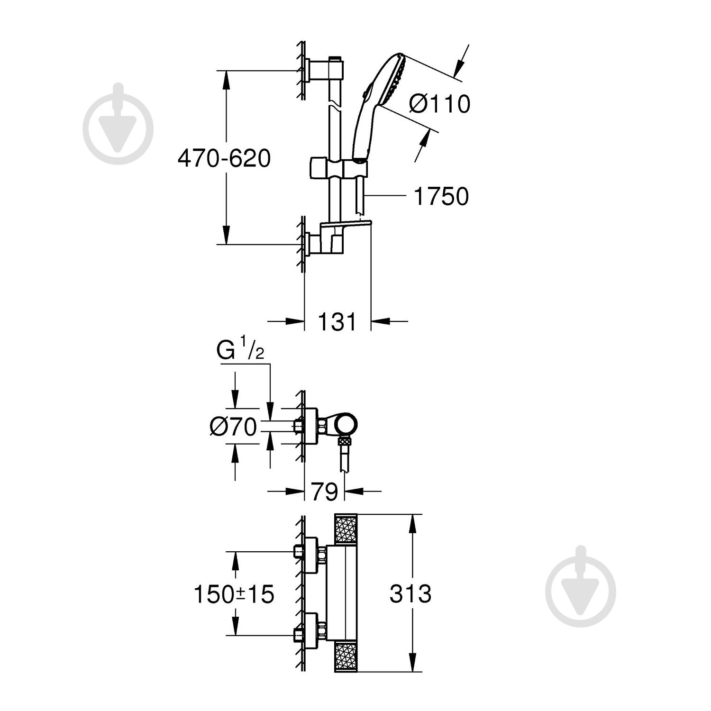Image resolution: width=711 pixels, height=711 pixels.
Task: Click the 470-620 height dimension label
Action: [x=224, y=158]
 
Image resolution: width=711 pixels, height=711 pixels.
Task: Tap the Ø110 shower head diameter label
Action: [x=439, y=104]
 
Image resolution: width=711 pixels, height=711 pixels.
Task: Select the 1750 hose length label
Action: [x=441, y=196]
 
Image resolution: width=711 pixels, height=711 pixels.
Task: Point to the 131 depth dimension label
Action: [x=337, y=322]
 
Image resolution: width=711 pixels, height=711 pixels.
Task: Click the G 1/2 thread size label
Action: [x=240, y=351]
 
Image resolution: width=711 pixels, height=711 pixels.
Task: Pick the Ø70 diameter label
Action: [x=233, y=427]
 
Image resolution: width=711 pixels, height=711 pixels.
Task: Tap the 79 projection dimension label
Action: [x=324, y=492]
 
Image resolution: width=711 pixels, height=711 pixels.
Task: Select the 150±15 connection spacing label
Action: [x=234, y=594]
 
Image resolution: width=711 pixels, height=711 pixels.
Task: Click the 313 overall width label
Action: [x=410, y=594]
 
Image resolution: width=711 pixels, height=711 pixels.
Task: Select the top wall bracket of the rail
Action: [x=322, y=70]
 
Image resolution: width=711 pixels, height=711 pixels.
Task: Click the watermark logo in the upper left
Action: [x=118, y=124]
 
